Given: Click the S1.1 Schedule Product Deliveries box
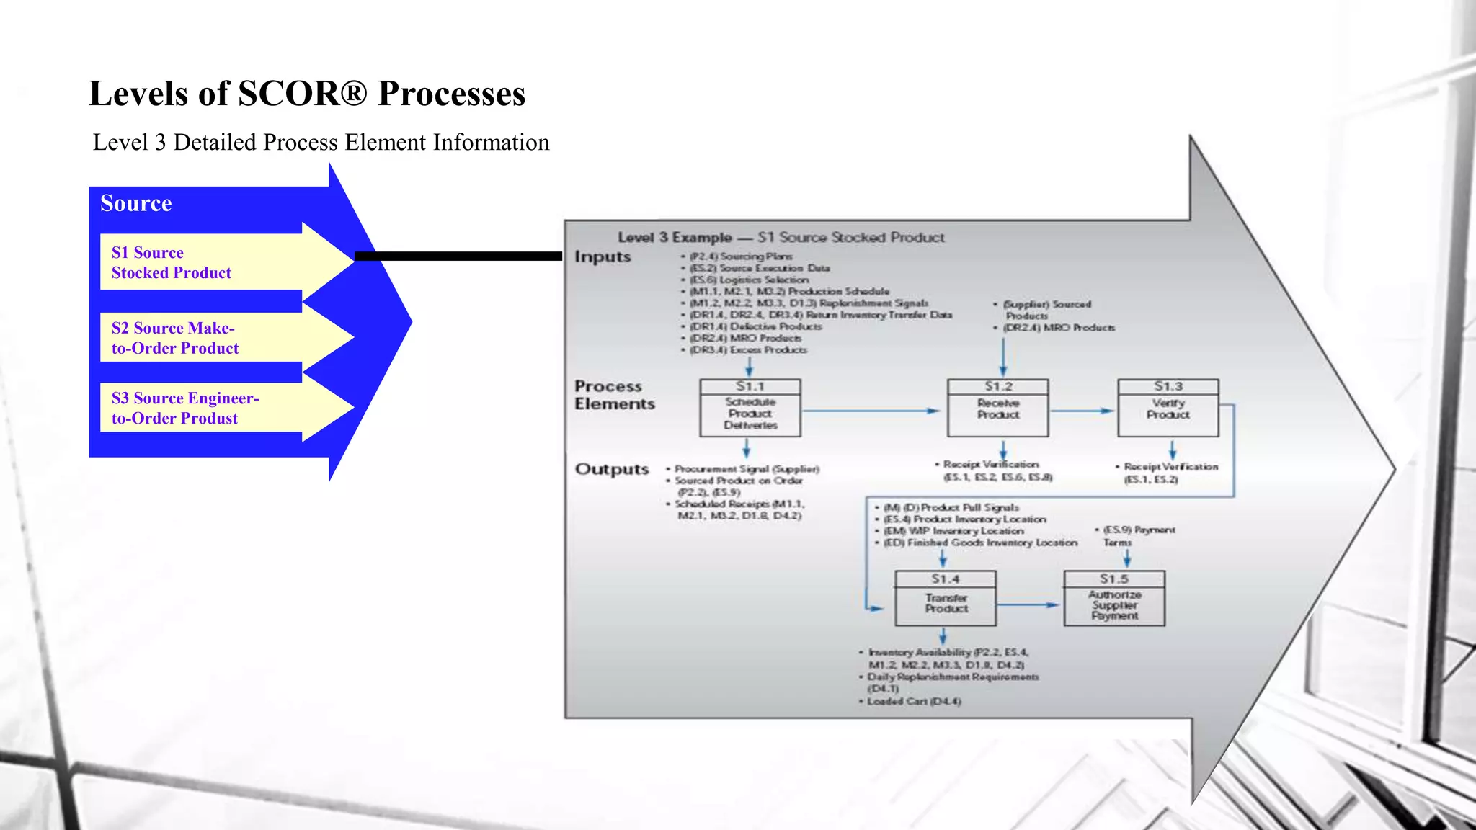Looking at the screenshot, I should [750, 409].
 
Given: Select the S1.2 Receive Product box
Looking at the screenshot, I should [997, 409].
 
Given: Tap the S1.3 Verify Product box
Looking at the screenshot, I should [1168, 409].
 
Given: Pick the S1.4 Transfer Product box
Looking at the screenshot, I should [946, 599].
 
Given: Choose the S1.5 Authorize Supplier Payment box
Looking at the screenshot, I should [1114, 599].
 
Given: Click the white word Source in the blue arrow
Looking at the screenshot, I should [135, 203].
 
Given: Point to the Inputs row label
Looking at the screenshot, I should [603, 256].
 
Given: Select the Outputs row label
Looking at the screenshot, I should [611, 469].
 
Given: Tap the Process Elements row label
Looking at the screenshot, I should [614, 395].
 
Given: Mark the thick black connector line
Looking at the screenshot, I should [458, 256].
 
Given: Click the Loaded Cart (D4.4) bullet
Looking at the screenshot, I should [912, 701].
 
